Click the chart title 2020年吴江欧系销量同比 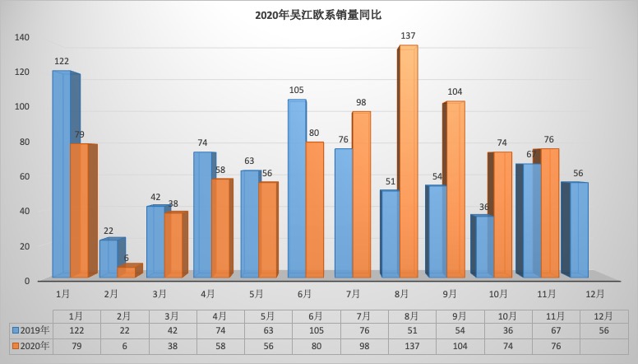pyautogui.click(x=318, y=15)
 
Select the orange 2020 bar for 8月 pyautogui.click(x=409, y=161)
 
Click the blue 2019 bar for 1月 pyautogui.click(x=61, y=173)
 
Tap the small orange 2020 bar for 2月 pyautogui.click(x=127, y=272)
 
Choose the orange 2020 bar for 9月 pyautogui.click(x=455, y=188)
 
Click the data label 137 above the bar pyautogui.click(x=408, y=35)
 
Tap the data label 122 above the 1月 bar pyautogui.click(x=62, y=61)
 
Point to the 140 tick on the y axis pyautogui.click(x=21, y=37)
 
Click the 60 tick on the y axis pyautogui.click(x=25, y=176)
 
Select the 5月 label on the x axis pyautogui.click(x=256, y=293)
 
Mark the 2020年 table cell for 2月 pyautogui.click(x=123, y=346)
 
